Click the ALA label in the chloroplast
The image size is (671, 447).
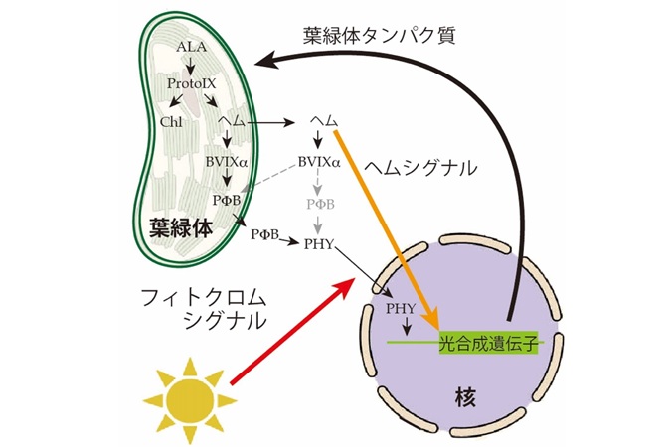click(191, 47)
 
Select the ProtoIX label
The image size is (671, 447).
click(191, 83)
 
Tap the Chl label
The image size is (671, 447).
click(171, 122)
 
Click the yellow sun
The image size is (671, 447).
click(190, 400)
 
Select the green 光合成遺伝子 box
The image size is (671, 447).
click(488, 342)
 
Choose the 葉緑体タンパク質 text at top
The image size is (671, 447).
click(379, 35)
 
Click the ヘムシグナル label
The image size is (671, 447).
click(419, 168)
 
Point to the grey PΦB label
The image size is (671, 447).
click(320, 204)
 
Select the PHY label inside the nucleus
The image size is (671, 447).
click(401, 309)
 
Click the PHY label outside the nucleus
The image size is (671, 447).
click(319, 244)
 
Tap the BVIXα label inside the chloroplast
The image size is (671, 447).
click(227, 162)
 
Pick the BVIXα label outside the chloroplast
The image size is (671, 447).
click(319, 162)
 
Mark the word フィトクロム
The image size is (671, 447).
click(204, 297)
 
